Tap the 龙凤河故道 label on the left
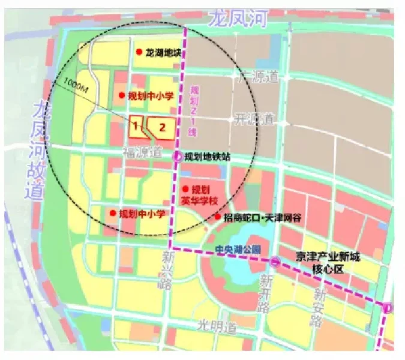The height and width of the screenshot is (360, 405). tap(38, 150)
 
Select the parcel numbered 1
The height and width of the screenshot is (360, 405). tap(136, 125)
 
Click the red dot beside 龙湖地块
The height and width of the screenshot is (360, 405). tap(139, 52)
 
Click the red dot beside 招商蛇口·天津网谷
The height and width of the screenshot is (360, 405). tap(217, 217)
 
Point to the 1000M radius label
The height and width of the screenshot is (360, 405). tap(75, 88)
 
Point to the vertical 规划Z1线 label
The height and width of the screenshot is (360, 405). tap(194, 112)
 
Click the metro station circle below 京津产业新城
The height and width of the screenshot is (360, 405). tap(275, 261)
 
